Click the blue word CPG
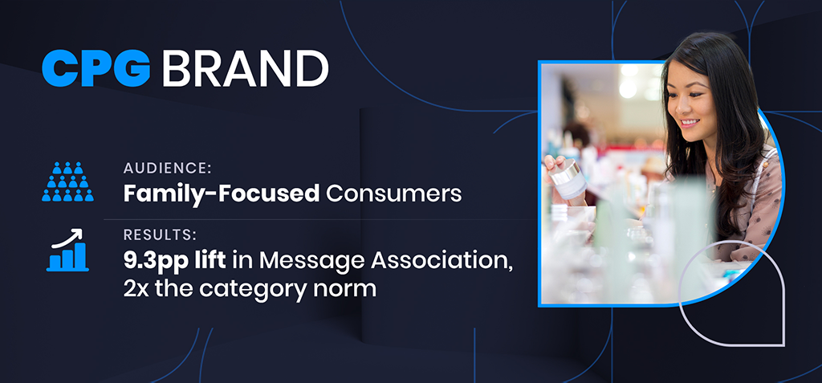pyautogui.click(x=96, y=68)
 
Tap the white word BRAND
pyautogui.click(x=246, y=69)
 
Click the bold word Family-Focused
pyautogui.click(x=222, y=194)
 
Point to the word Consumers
pyautogui.click(x=393, y=194)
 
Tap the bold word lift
pyautogui.click(x=211, y=261)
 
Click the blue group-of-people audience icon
pyautogui.click(x=67, y=181)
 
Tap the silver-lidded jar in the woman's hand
pyautogui.click(x=566, y=178)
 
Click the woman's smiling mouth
pyautogui.click(x=690, y=123)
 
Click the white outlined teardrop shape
pyautogui.click(x=732, y=293)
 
